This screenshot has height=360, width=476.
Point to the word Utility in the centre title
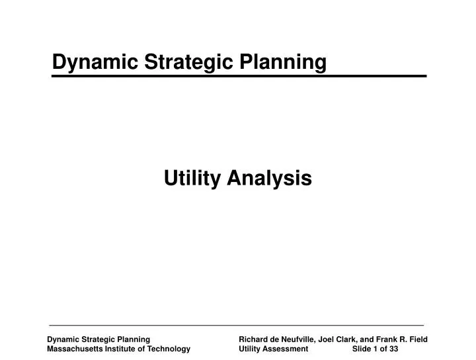193,177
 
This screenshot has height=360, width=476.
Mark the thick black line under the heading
239,77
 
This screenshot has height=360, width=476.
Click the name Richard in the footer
255,339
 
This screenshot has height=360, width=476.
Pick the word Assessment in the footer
286,348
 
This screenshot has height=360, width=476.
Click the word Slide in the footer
362,348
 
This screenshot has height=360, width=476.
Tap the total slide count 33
393,348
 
